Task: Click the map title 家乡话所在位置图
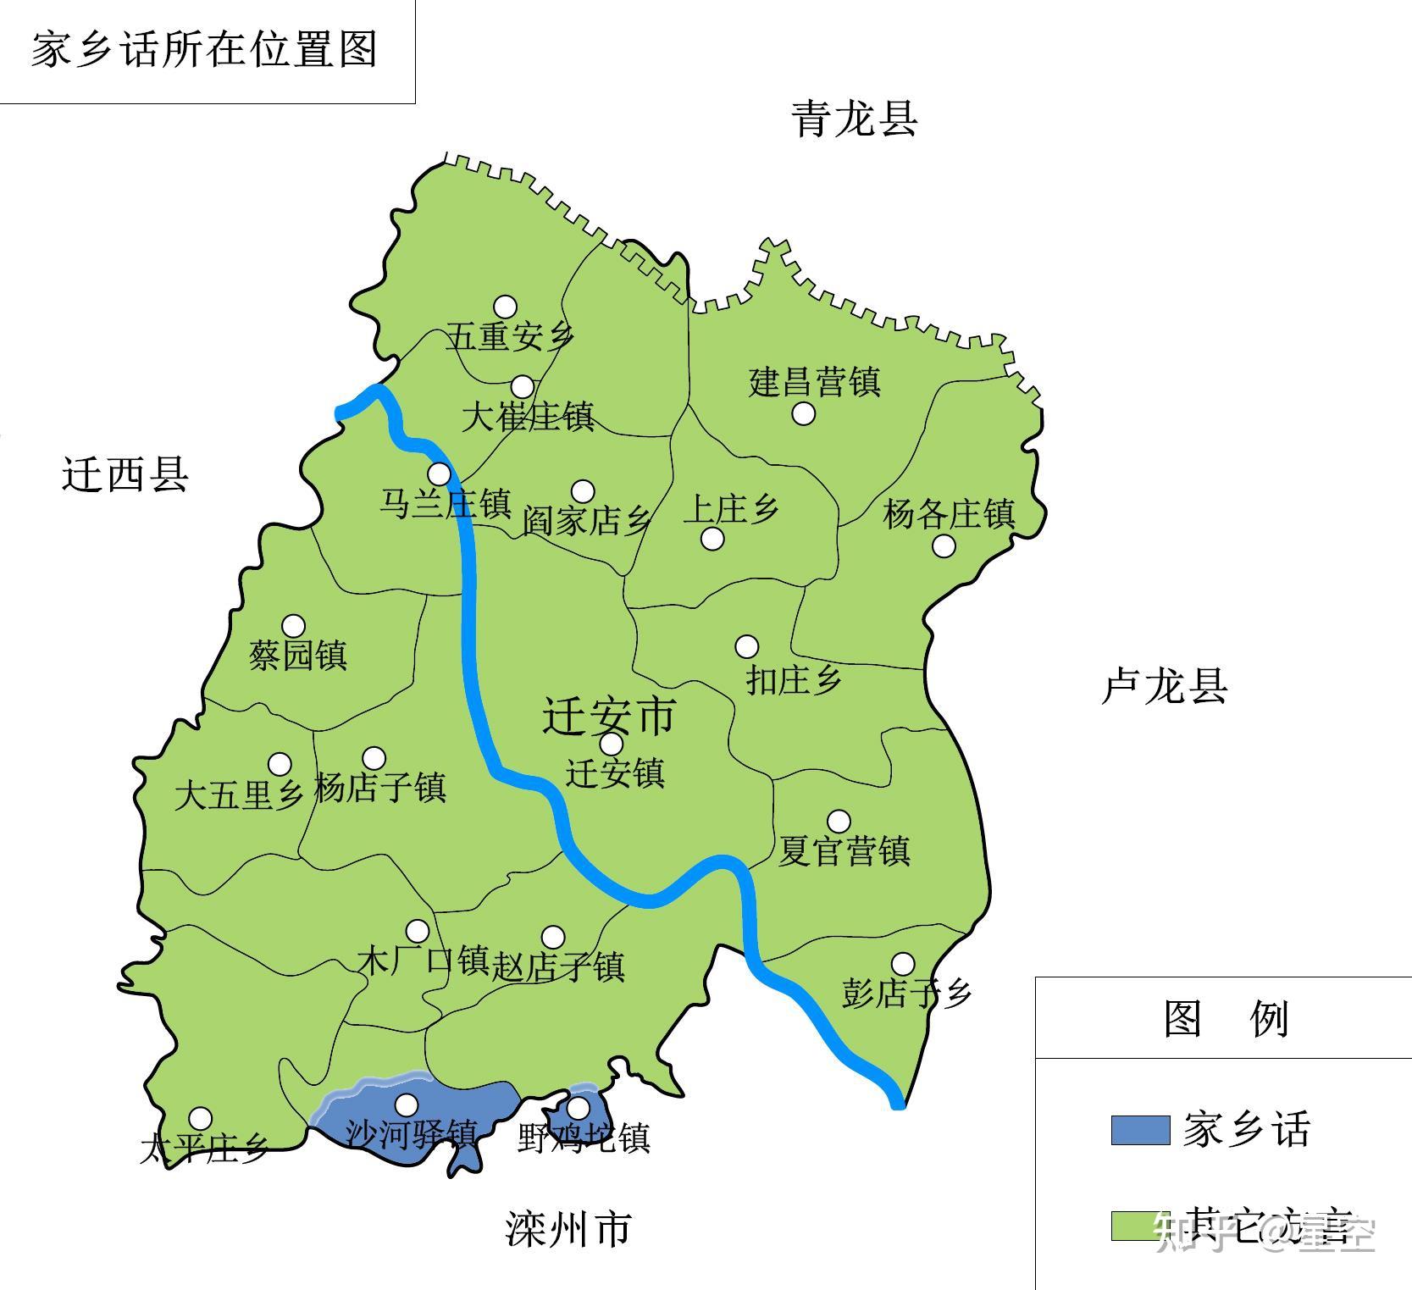pyautogui.click(x=204, y=49)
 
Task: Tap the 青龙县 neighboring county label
pyautogui.click(x=855, y=119)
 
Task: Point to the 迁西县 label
pyautogui.click(x=125, y=473)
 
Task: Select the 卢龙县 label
pyautogui.click(x=1165, y=685)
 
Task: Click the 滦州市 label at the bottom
pyautogui.click(x=568, y=1229)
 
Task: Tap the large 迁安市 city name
pyautogui.click(x=609, y=715)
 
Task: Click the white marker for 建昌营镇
pyautogui.click(x=804, y=413)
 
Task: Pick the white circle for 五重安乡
pyautogui.click(x=506, y=307)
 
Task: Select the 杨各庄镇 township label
pyautogui.click(x=949, y=513)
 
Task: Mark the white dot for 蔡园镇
pyautogui.click(x=294, y=626)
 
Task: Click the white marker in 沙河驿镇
pyautogui.click(x=407, y=1105)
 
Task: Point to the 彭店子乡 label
pyautogui.click(x=906, y=993)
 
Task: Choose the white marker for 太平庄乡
pyautogui.click(x=200, y=1118)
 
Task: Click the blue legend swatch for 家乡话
pyautogui.click(x=1140, y=1130)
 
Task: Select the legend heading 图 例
pyautogui.click(x=1226, y=1018)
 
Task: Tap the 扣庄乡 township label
pyautogui.click(x=794, y=679)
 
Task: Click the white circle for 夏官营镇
pyautogui.click(x=839, y=821)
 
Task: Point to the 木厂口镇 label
pyautogui.click(x=424, y=961)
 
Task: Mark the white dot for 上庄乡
pyautogui.click(x=713, y=539)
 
